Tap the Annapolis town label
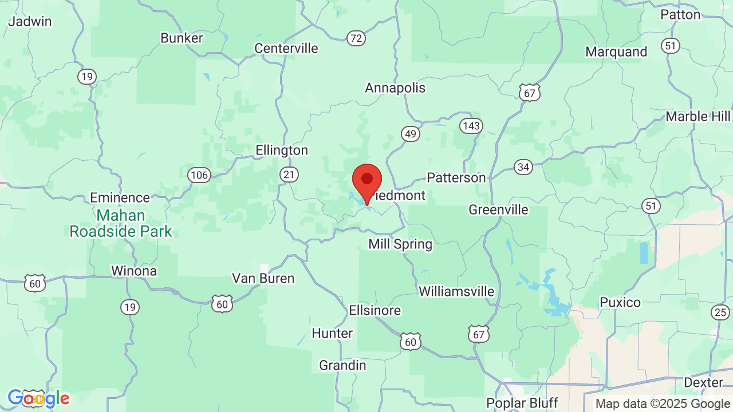coord(395,88)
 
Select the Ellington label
coord(282,150)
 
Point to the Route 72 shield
coord(356,38)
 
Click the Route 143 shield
coord(471,126)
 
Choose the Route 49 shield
coord(410,134)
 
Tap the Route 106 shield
coord(199,175)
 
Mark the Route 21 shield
coord(290,174)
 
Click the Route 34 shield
coord(522,167)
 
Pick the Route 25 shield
coord(720,312)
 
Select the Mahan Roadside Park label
coord(121,224)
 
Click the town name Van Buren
coord(263,279)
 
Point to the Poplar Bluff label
coord(522,403)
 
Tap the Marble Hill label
coord(697,117)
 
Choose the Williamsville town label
coord(456,291)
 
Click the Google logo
coord(38,398)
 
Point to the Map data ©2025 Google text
coord(663,403)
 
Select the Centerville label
coord(286,49)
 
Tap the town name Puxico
coord(620,302)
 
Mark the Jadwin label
coord(30,22)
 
